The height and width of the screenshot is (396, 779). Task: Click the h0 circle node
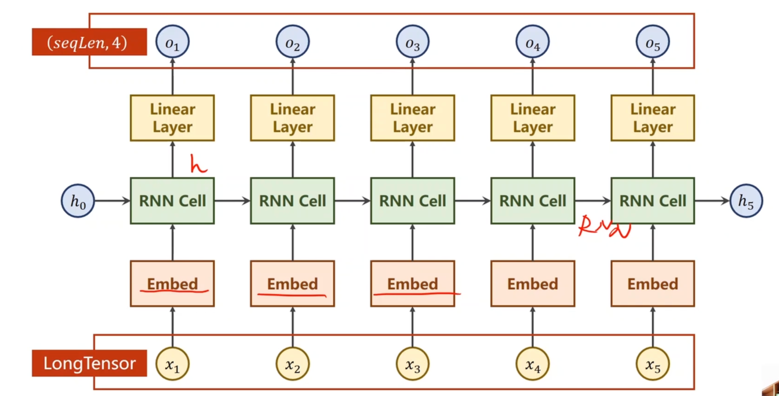coord(78,201)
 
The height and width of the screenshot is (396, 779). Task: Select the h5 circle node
coord(746,201)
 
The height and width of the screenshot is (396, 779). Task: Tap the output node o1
coord(172,42)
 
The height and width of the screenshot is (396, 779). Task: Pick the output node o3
coord(412,42)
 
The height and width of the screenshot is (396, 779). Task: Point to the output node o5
coord(653,42)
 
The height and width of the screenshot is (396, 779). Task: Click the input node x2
coord(293,364)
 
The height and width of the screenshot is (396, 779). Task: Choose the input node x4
coord(532,364)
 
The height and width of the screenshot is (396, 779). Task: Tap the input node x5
coord(653,364)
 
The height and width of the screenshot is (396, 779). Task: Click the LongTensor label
coord(90,363)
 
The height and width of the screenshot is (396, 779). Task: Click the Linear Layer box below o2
coord(293,118)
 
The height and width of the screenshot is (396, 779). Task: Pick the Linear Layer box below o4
coord(532,118)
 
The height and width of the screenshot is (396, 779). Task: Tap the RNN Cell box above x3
coord(412,201)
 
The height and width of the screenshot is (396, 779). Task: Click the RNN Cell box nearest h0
coord(172,201)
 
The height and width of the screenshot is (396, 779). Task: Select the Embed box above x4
coord(532,283)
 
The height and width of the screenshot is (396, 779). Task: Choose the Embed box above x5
coord(653,283)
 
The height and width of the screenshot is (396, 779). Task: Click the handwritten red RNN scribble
coord(603,227)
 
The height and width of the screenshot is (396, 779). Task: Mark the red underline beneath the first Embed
coord(174,292)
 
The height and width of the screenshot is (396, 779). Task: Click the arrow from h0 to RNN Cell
coord(112,201)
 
